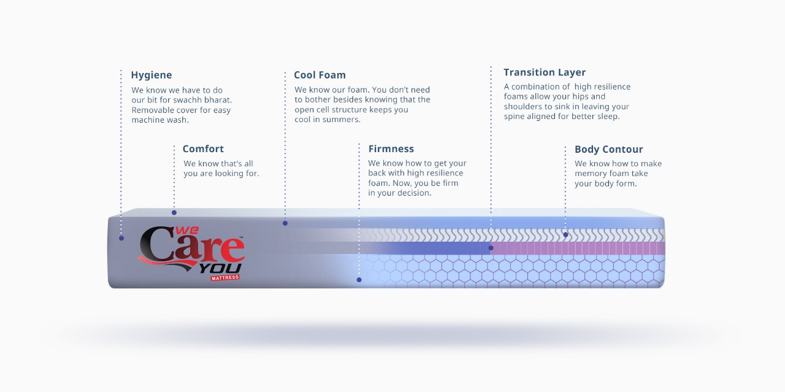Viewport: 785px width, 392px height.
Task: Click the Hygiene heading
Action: (151, 75)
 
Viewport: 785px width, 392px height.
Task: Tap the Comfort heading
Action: (203, 149)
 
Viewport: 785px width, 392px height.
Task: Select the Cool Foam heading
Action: (320, 75)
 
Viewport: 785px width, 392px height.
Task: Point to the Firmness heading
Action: (391, 149)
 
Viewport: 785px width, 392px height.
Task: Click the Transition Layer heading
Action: (545, 72)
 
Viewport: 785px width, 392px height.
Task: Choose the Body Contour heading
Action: (609, 150)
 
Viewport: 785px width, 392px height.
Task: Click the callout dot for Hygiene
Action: (121, 239)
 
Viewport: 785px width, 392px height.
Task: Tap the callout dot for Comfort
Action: (174, 212)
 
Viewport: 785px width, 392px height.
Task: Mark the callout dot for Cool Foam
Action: (285, 223)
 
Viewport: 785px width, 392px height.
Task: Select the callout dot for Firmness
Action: (359, 280)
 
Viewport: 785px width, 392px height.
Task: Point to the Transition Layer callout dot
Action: (491, 248)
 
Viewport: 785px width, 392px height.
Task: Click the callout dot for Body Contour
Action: (565, 235)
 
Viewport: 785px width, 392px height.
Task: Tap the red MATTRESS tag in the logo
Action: (225, 278)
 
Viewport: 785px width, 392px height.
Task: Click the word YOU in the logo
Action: (220, 269)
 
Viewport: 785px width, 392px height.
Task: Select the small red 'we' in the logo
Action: (187, 231)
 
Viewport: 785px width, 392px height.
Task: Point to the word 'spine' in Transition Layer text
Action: (514, 117)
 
